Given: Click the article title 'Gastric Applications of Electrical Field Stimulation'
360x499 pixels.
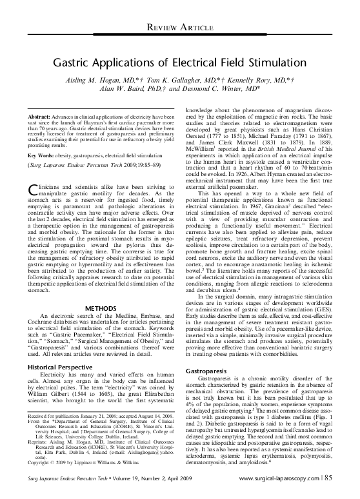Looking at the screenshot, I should (x=179, y=64).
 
